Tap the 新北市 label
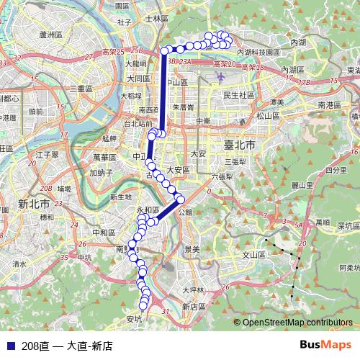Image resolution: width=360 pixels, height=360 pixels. click(34, 203)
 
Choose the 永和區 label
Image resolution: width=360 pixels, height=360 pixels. click(147, 210)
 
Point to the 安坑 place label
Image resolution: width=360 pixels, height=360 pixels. click(134, 318)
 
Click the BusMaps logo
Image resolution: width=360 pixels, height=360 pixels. click(325, 345)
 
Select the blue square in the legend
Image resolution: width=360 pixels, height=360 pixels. click(11, 346)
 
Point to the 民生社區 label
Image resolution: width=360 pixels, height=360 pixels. click(239, 94)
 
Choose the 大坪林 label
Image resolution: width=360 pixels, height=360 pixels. click(193, 290)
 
